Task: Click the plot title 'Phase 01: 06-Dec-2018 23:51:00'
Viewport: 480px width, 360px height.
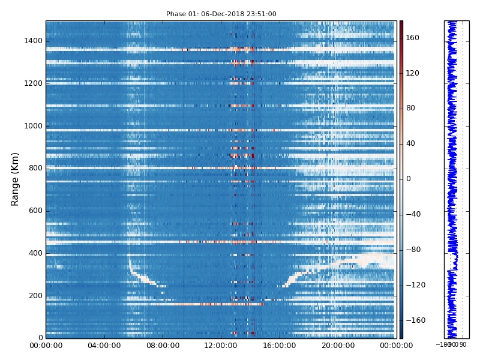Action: (x=221, y=14)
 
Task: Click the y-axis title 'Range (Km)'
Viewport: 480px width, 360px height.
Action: (x=16, y=179)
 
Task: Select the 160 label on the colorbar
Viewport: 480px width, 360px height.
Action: (x=413, y=38)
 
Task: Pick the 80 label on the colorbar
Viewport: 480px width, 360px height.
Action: (x=411, y=108)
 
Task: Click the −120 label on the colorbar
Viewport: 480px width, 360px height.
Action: (x=415, y=285)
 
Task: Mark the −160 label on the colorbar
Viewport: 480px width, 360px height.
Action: (x=415, y=320)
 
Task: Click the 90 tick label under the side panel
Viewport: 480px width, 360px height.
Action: (x=463, y=344)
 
